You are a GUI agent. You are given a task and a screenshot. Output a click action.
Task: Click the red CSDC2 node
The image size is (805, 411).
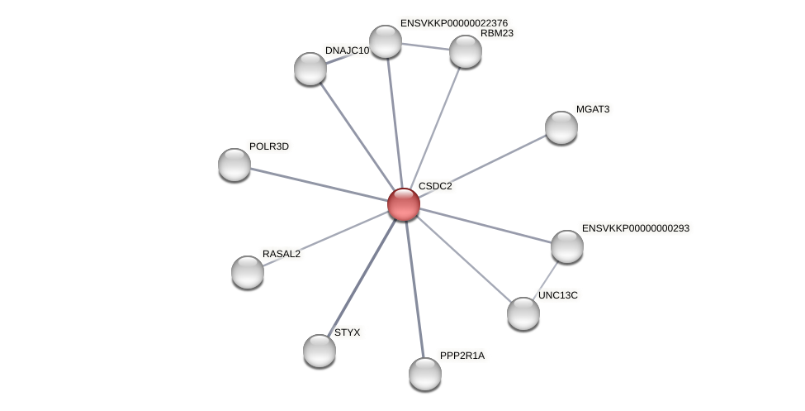pyautogui.click(x=404, y=204)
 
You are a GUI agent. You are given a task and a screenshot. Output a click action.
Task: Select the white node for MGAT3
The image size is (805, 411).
pyautogui.click(x=561, y=127)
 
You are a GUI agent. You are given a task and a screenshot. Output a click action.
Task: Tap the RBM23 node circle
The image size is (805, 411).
pyautogui.click(x=465, y=51)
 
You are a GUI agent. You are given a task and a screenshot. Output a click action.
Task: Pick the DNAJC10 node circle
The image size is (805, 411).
pyautogui.click(x=310, y=69)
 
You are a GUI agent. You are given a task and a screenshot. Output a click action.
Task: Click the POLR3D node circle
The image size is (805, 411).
pyautogui.click(x=234, y=165)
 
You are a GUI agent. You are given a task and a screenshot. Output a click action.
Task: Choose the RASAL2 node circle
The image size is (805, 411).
pyautogui.click(x=248, y=272)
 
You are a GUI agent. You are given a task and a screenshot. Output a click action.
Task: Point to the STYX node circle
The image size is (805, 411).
pyautogui.click(x=320, y=351)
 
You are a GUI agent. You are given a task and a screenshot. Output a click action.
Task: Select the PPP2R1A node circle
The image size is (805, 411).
pyautogui.click(x=425, y=374)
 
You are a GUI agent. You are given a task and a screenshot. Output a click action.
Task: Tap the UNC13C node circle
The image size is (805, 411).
pyautogui.click(x=523, y=313)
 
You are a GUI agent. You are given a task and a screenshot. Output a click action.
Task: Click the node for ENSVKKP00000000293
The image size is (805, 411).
pyautogui.click(x=567, y=246)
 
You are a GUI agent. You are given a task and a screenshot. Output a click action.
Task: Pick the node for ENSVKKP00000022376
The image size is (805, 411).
pyautogui.click(x=386, y=41)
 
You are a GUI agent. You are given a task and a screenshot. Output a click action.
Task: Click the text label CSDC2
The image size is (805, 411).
pyautogui.click(x=435, y=187)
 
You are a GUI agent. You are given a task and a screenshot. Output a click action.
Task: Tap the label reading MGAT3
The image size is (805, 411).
pyautogui.click(x=593, y=109)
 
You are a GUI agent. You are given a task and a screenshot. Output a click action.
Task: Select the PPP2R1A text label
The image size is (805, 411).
pyautogui.click(x=462, y=356)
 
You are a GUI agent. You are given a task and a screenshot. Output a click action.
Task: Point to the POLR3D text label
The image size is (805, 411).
pyautogui.click(x=269, y=146)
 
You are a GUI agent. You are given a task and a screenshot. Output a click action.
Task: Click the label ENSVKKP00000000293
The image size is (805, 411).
pyautogui.click(x=636, y=228)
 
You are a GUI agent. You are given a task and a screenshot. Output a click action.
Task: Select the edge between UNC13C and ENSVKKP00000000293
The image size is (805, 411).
pyautogui.click(x=545, y=280)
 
